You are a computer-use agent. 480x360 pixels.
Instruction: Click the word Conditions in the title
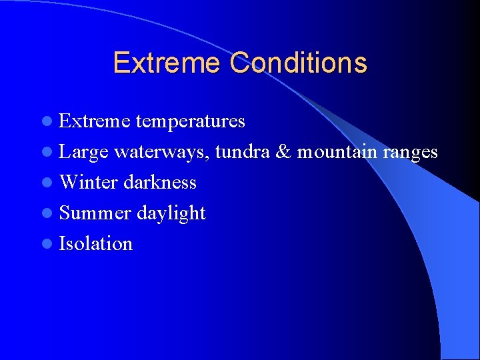click(x=298, y=63)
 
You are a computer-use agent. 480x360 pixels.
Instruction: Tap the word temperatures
click(x=191, y=121)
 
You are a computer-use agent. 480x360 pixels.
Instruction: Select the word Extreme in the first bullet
click(x=95, y=121)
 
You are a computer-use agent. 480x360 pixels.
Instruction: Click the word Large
click(x=84, y=152)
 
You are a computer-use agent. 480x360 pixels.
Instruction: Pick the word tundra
click(x=242, y=152)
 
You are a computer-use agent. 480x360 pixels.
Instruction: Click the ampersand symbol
click(x=283, y=152)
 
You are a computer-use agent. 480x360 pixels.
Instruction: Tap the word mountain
click(x=337, y=152)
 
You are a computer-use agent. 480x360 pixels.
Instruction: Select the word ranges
click(x=410, y=153)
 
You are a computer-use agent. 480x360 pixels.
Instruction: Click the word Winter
click(x=89, y=183)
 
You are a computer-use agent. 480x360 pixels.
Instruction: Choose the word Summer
click(x=95, y=213)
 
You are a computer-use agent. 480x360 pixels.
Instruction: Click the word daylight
click(x=171, y=213)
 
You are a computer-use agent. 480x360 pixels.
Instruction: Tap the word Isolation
click(x=96, y=244)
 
